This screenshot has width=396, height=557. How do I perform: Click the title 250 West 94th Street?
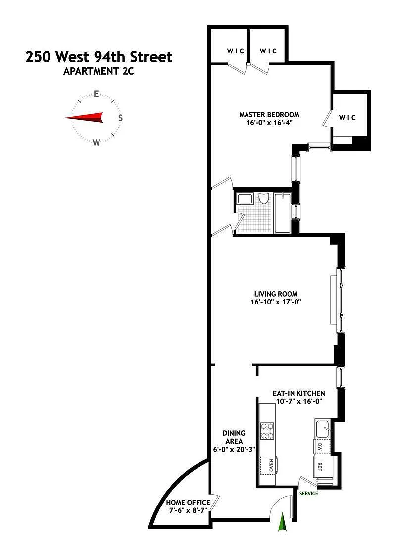coord(99,57)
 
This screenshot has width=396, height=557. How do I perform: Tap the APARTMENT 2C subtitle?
coord(99,71)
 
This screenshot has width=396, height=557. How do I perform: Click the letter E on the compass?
coord(96,94)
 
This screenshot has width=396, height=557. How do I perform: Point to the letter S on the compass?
coord(120,118)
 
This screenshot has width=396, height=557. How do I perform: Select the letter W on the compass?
coord(96,143)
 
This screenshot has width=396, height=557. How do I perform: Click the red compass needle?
coord(84,118)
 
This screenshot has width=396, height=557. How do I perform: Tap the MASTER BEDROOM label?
coord(269,115)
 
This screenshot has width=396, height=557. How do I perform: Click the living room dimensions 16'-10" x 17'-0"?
coord(276,302)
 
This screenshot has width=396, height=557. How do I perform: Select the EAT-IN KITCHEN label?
coord(298,393)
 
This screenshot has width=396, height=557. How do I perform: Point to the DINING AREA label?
coord(234,437)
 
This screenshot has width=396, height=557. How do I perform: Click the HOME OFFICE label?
coord(188,503)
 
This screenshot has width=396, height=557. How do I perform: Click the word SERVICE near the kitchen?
coord(308,494)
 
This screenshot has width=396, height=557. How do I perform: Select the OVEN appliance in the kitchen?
coord(269,465)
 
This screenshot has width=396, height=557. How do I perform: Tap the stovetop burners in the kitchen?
coord(267,431)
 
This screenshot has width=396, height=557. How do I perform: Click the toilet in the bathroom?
coord(263,199)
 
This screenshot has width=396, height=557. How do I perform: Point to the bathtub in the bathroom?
coord(282,213)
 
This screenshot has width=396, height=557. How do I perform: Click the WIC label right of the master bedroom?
coord(347,117)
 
